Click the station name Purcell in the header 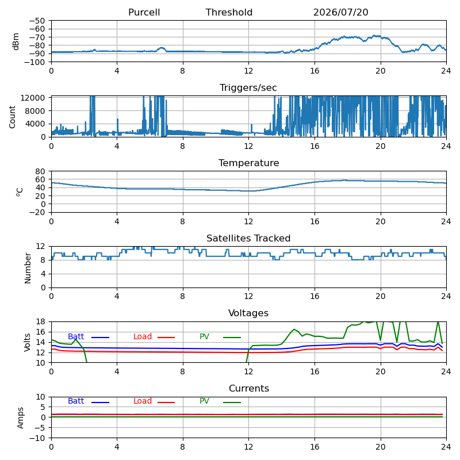click(x=144, y=12)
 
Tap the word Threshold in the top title click(x=229, y=12)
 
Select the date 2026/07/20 click(x=340, y=12)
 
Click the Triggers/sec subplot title click(x=248, y=87)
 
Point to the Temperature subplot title click(x=249, y=163)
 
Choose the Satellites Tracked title click(x=248, y=238)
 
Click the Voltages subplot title click(x=248, y=313)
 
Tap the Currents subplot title click(x=249, y=389)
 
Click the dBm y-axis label click(x=16, y=41)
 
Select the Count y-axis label click(x=12, y=117)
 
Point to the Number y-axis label click(x=28, y=268)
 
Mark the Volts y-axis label click(x=27, y=342)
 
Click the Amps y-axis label click(x=20, y=418)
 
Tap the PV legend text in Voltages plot click(x=204, y=336)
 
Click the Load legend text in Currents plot click(x=143, y=401)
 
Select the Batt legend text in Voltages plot click(x=76, y=336)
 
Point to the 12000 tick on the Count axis click(x=33, y=98)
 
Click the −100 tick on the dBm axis click(x=35, y=62)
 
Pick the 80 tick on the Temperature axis click(x=40, y=171)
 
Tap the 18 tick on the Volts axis click(x=40, y=321)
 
